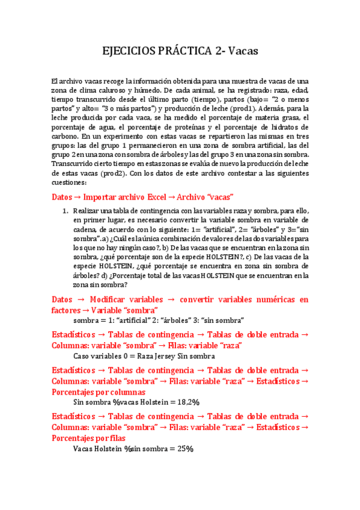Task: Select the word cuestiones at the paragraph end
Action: [x=70, y=182]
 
